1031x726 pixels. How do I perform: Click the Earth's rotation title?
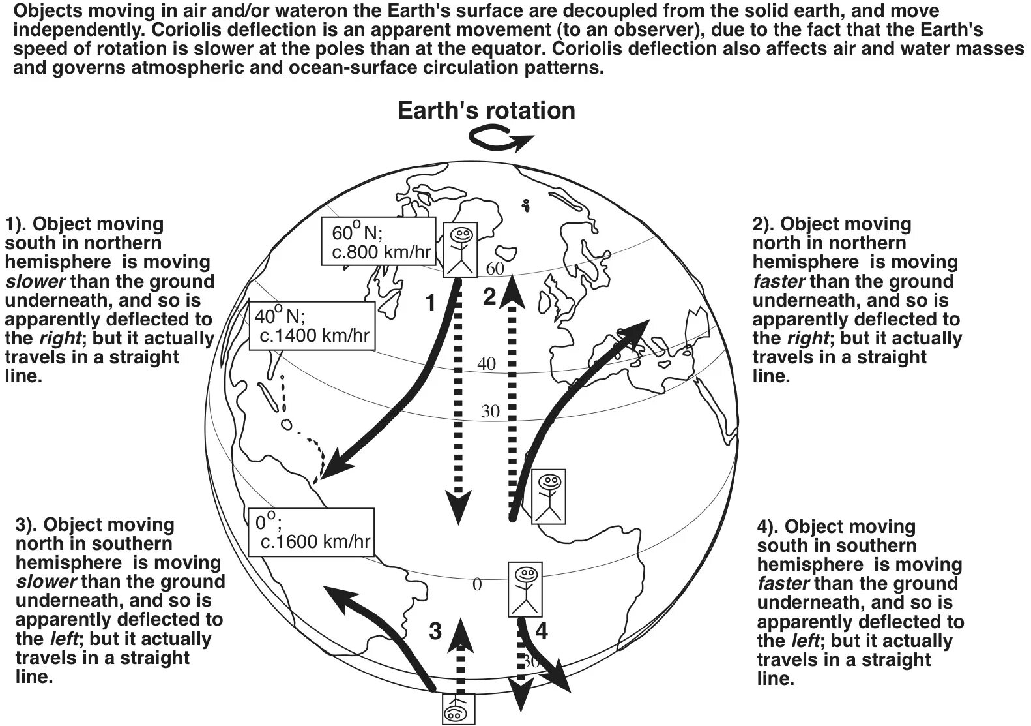point(486,111)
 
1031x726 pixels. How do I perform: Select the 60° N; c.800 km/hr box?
point(378,241)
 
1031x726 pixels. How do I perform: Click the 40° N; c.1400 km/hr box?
point(312,325)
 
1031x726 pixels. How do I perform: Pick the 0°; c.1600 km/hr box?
point(312,532)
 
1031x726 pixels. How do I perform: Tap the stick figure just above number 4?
point(525,590)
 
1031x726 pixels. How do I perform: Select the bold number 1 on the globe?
point(430,303)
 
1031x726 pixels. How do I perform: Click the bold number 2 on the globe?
point(489,297)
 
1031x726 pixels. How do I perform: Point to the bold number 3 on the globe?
point(435,631)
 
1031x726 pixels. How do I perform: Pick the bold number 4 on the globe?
point(542,631)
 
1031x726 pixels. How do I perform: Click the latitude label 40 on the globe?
point(487,364)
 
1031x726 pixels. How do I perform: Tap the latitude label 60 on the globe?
point(495,268)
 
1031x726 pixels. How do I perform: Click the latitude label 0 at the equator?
point(477,585)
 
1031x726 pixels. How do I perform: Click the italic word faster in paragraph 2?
point(779,282)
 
